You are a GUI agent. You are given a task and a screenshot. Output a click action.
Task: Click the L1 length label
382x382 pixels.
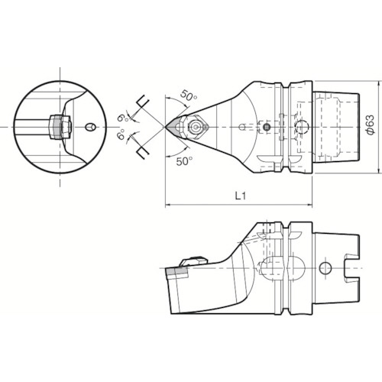tap(238, 196)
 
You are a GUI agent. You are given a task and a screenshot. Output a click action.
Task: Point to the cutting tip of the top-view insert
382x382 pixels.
tap(164, 125)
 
